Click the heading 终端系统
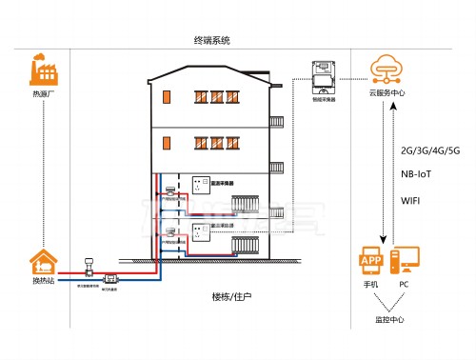tap(211, 41)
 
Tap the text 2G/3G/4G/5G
tap(430, 151)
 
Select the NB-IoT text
tap(419, 175)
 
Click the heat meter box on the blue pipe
tap(110, 278)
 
